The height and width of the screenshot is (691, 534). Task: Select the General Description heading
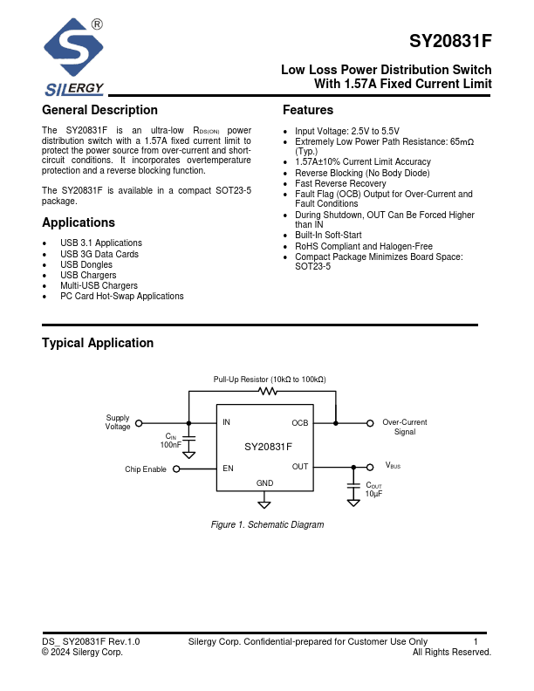(x=99, y=110)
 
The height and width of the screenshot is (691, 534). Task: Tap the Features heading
(x=308, y=110)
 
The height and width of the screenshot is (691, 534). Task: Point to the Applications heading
(x=79, y=222)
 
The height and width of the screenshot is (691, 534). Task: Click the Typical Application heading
(x=98, y=343)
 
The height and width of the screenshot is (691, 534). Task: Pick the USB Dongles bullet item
(x=86, y=264)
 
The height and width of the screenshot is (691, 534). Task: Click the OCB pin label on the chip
(x=299, y=423)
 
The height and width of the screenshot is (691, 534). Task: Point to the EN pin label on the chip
(x=228, y=468)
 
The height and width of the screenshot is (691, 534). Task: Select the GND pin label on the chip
(x=264, y=483)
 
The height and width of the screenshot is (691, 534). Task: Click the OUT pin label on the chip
(x=300, y=467)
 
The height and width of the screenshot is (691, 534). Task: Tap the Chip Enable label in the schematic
(x=146, y=469)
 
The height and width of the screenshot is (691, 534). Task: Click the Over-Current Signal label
(x=405, y=428)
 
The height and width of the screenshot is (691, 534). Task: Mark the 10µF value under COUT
(x=373, y=495)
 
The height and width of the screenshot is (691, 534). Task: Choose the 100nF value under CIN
(x=170, y=445)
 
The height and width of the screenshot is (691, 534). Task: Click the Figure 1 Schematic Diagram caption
(x=268, y=525)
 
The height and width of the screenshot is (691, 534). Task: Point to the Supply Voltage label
(x=118, y=423)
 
